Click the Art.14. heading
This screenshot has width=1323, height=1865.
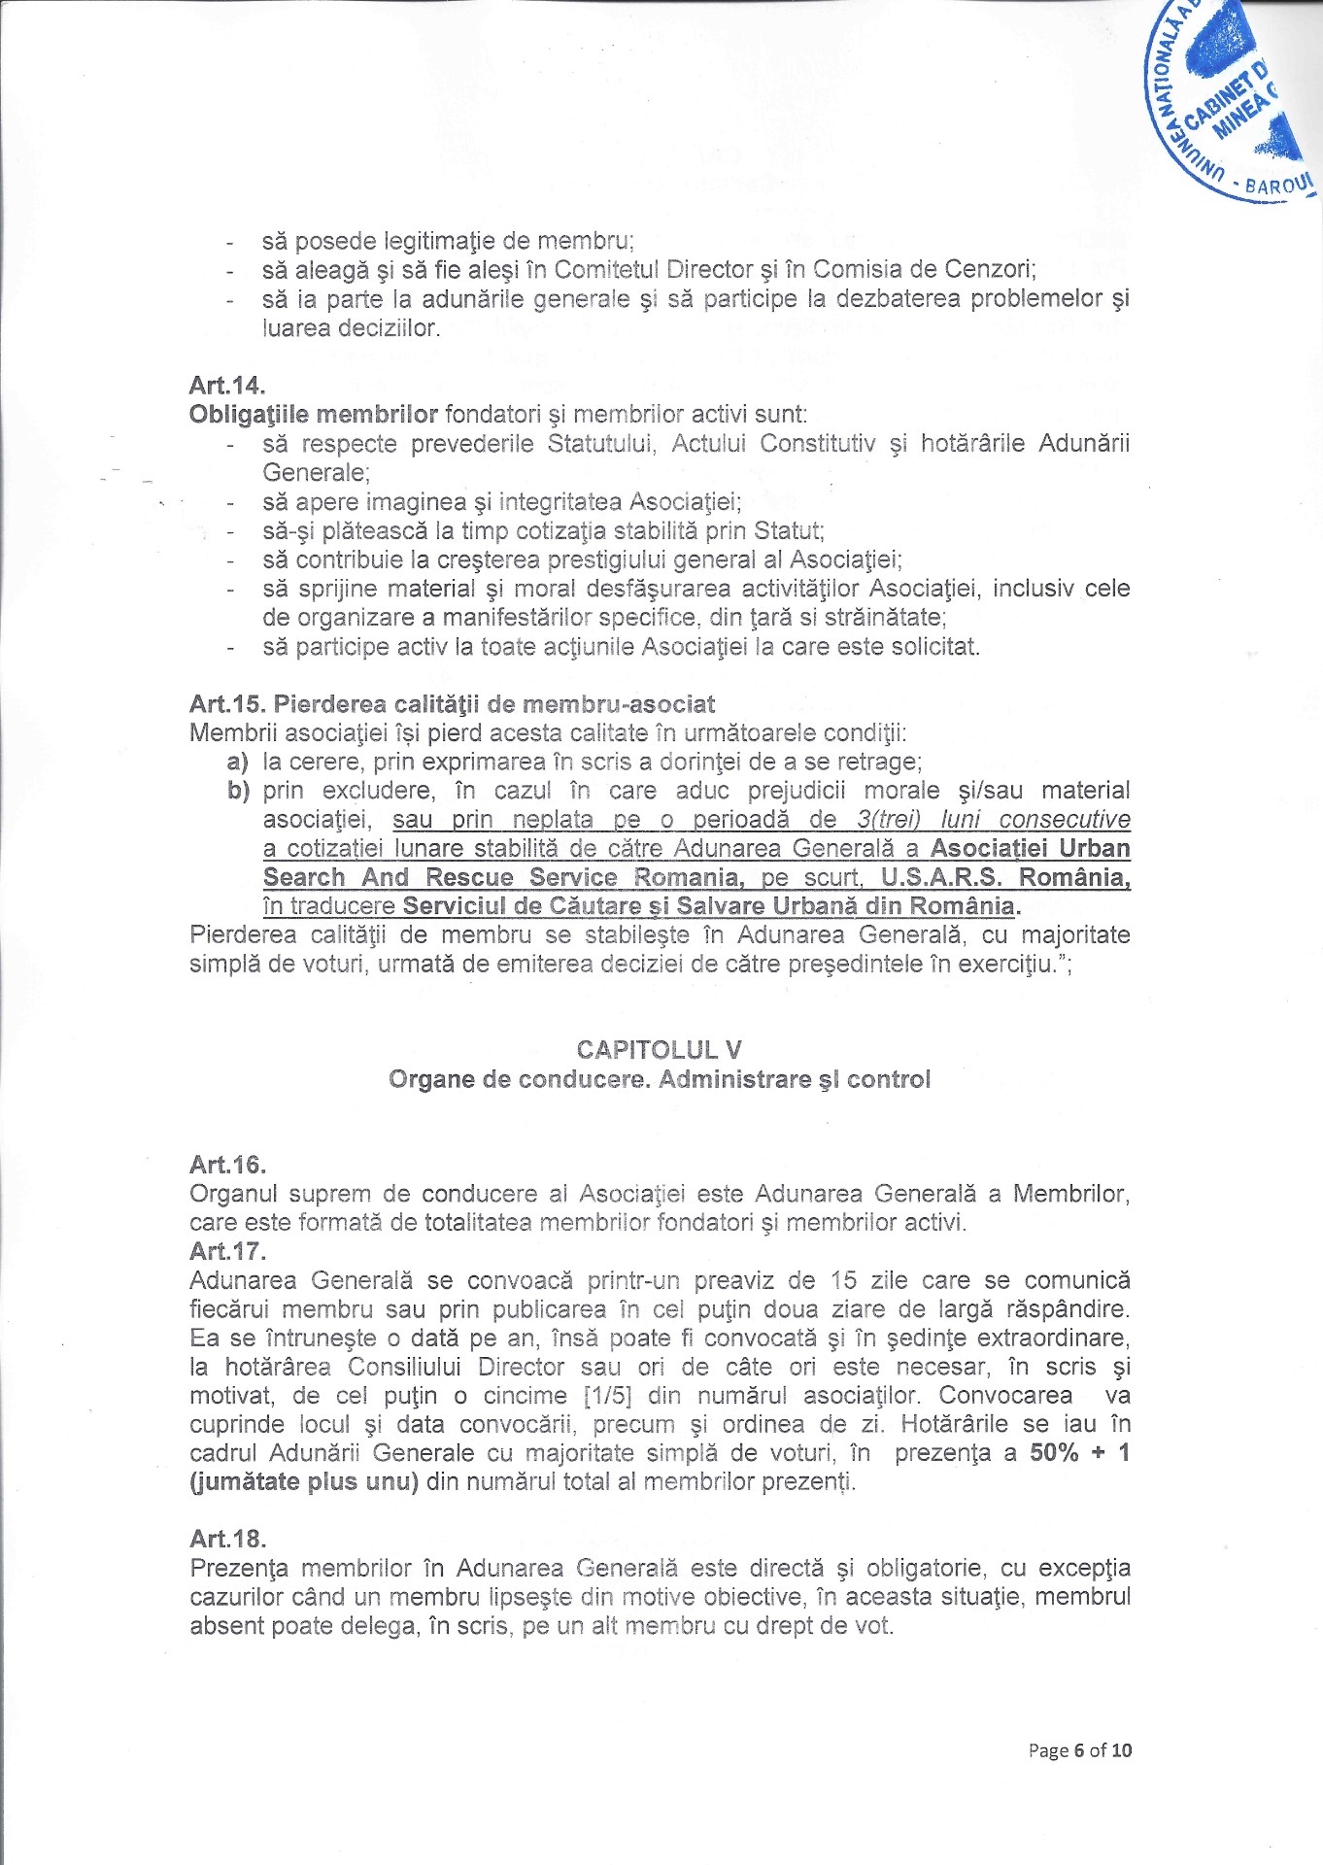pyautogui.click(x=227, y=386)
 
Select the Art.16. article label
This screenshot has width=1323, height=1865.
pyautogui.click(x=227, y=1165)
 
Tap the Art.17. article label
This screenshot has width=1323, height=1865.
pyautogui.click(x=227, y=1251)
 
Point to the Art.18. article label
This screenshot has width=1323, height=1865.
pyautogui.click(x=227, y=1539)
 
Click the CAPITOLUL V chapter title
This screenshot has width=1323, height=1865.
pyautogui.click(x=659, y=1050)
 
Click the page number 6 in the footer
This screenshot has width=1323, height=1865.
pyautogui.click(x=1078, y=1750)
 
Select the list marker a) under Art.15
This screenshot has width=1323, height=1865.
pyautogui.click(x=237, y=763)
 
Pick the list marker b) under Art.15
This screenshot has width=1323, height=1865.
pyautogui.click(x=238, y=791)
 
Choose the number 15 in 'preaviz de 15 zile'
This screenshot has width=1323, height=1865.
pyautogui.click(x=845, y=1280)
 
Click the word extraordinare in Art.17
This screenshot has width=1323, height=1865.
pyautogui.click(x=1053, y=1339)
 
